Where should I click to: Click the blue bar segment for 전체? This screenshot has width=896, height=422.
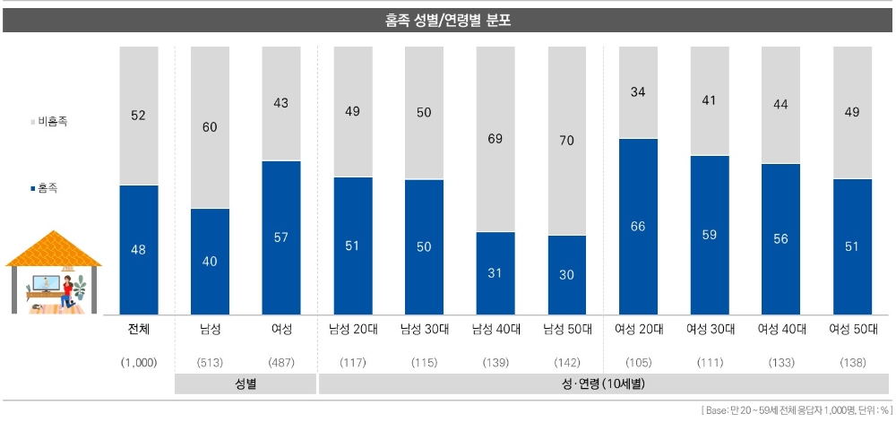pos(138,250)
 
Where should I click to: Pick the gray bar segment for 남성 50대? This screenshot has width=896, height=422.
pos(566,141)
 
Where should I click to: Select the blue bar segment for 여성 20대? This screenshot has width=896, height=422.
pos(638,226)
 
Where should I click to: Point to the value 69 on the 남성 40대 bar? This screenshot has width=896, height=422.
pos(495,139)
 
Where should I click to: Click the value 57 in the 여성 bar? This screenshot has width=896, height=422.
pos(281,237)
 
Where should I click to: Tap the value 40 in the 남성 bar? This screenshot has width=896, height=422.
pos(210,261)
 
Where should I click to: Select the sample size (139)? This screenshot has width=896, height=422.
pos(495,362)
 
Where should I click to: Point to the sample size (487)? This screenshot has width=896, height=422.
pos(281,362)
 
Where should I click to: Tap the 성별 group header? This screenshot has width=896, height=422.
pos(246,384)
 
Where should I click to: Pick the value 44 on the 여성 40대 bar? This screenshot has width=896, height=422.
pos(780,105)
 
